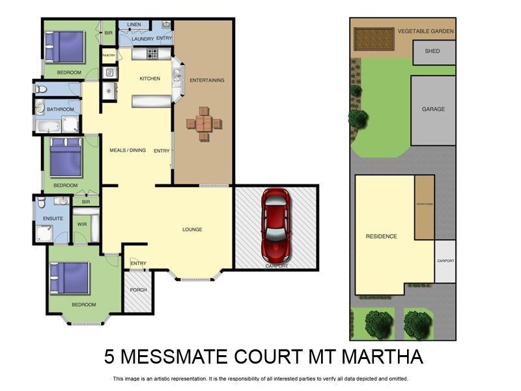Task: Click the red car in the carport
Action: coord(275,224)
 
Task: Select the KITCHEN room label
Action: coord(150,79)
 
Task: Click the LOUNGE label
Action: coord(192,229)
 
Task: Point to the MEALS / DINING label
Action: coord(128,151)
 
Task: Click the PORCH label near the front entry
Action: coord(138,290)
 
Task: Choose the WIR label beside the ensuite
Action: coord(81,224)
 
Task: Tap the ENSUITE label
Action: coord(53,218)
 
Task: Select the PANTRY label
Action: coord(109,56)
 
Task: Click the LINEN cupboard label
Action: coord(134,25)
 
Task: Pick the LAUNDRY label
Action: coord(142,39)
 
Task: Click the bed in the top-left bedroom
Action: coord(64,47)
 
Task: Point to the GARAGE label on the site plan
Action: coord(433,109)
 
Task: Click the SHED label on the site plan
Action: coord(432,51)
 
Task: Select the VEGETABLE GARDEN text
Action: coord(425,31)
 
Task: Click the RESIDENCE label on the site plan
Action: coord(381,237)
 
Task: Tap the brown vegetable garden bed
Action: coord(374,38)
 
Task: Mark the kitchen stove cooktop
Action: coord(154,53)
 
